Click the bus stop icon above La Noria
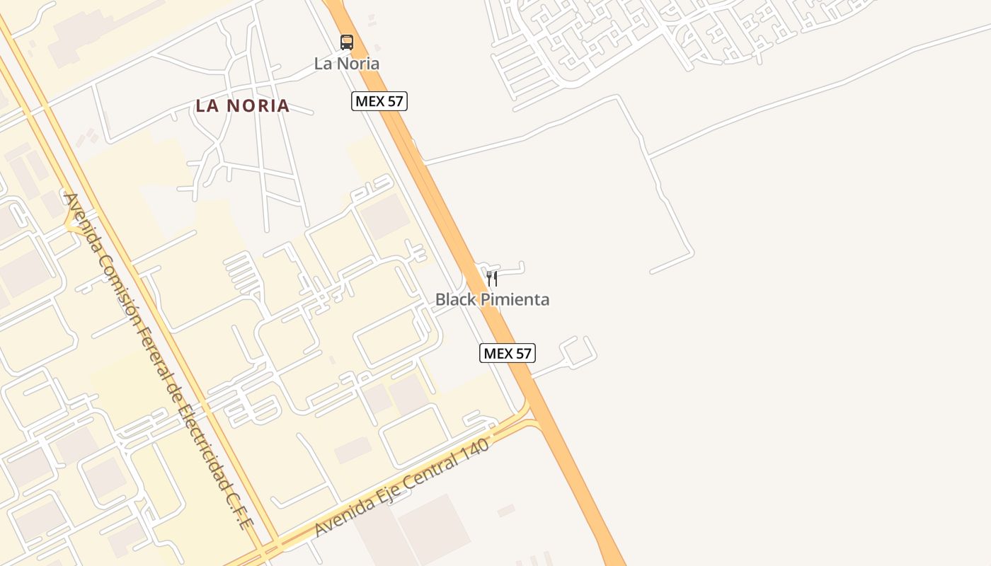[x=346, y=42]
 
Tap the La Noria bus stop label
[x=347, y=64]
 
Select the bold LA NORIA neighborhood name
[x=243, y=106]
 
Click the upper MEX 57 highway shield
[x=379, y=101]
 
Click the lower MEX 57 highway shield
[x=507, y=353]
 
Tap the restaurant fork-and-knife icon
[x=492, y=278]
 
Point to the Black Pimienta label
[x=492, y=299]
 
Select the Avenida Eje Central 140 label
[x=402, y=488]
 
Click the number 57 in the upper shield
[x=394, y=101]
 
